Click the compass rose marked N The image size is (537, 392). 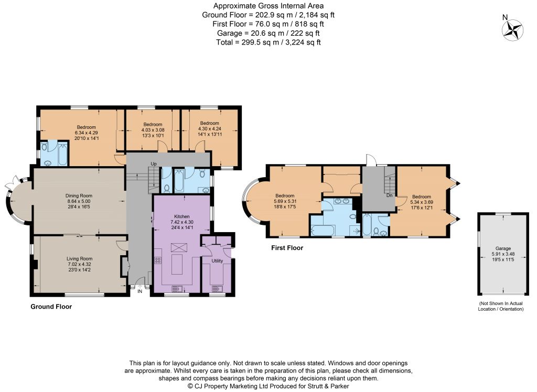512,30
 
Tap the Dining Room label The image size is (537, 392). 79,196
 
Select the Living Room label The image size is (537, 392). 80,259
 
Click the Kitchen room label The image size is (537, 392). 182,216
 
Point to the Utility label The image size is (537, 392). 217,261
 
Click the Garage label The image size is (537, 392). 503,248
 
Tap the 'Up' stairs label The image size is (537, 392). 154,164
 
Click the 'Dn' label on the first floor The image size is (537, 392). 390,195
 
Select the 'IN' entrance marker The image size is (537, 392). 139,291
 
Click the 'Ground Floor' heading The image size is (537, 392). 51,307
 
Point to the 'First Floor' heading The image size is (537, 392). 287,248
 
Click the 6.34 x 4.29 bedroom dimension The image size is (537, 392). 87,133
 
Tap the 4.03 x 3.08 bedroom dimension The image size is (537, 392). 153,130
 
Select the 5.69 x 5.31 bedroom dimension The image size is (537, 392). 285,201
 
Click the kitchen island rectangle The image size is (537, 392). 177,264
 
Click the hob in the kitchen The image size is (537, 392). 158,260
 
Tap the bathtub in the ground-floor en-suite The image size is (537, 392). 63,155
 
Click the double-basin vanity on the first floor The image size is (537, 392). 341,201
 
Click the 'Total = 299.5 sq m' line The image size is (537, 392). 268,42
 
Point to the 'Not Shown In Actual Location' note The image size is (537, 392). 501,306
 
